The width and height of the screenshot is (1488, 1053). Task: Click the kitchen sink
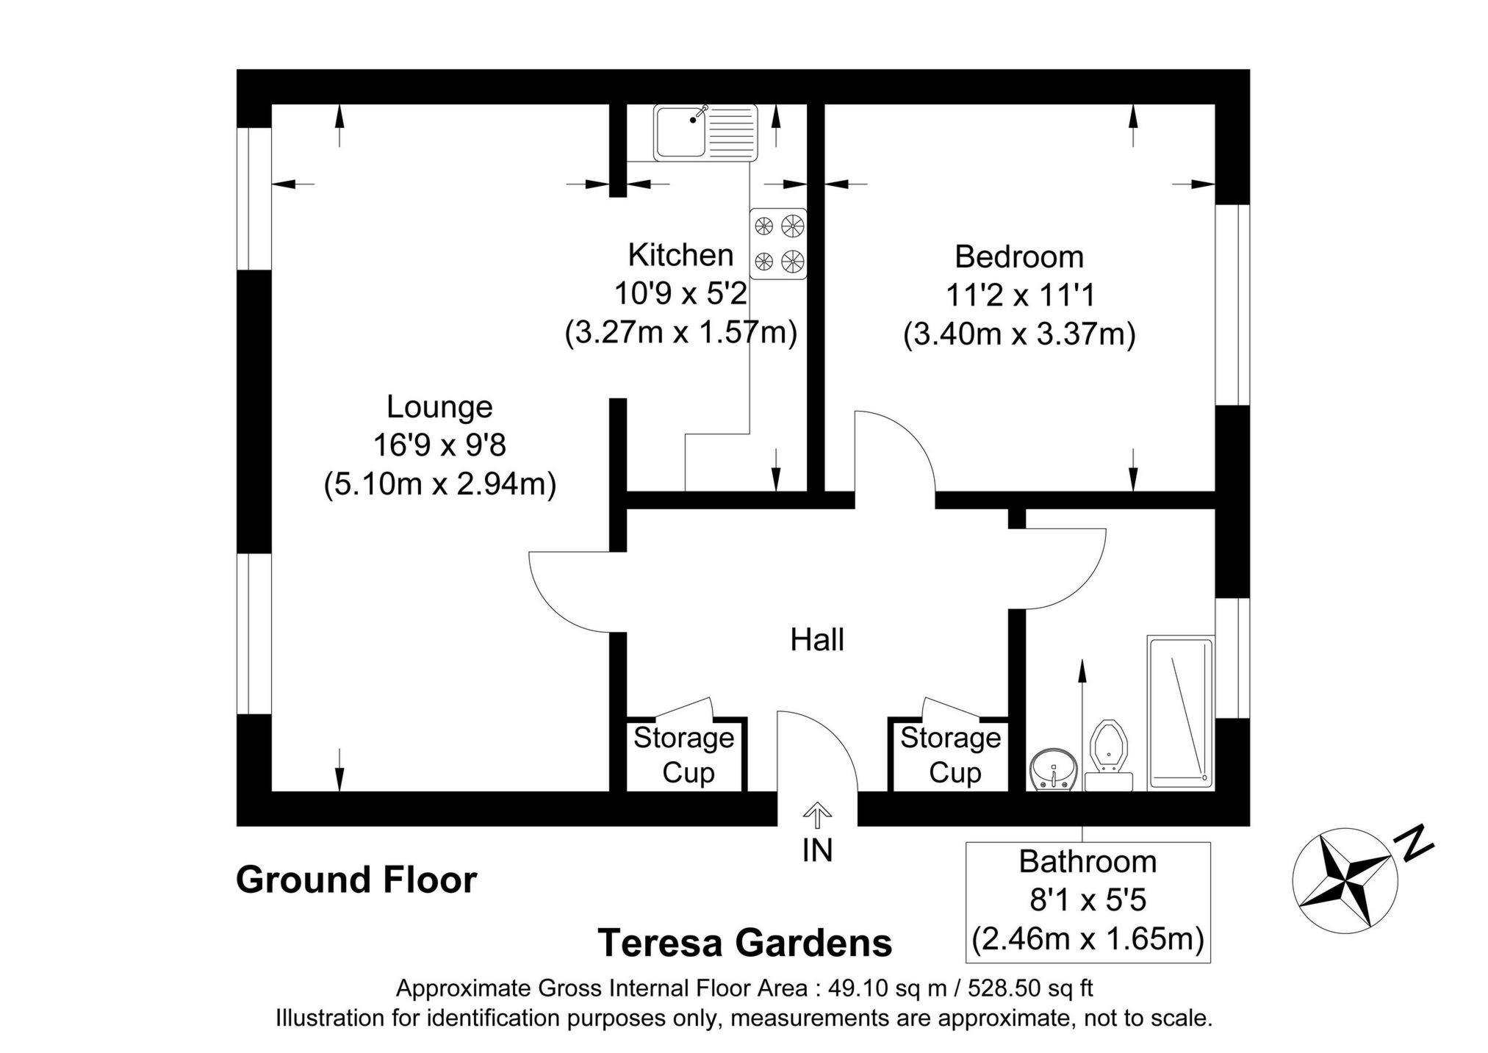(705, 132)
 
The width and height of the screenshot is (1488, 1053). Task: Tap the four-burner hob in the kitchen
(777, 243)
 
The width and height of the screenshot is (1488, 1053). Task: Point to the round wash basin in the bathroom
(1053, 770)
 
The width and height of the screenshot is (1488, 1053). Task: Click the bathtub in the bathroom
(1180, 712)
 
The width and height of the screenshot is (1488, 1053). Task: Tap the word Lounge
(439, 406)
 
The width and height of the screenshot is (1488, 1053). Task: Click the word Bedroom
(1018, 257)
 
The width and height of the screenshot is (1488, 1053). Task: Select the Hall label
(816, 640)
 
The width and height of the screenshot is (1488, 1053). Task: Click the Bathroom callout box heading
(1087, 861)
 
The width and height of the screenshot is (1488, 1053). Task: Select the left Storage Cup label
(684, 755)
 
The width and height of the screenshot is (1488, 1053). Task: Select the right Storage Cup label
(951, 755)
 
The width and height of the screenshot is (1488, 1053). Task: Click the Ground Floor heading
(356, 880)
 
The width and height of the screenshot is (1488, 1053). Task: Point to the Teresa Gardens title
(744, 943)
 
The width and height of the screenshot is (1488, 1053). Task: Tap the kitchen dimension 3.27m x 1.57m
(680, 332)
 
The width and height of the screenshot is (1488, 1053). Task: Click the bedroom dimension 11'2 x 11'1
(1019, 295)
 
